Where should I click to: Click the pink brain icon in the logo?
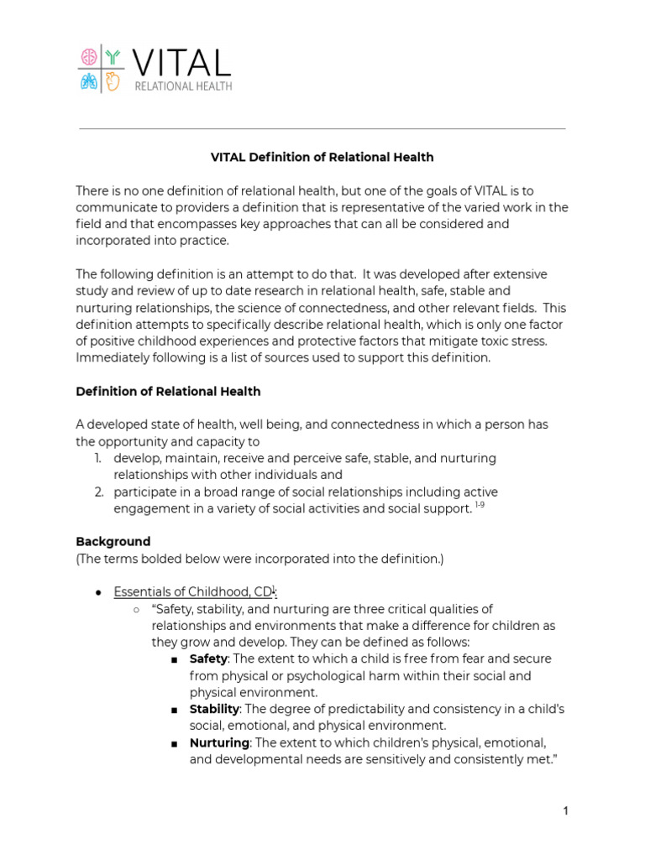click(88, 57)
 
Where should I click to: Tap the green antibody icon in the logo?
click(113, 57)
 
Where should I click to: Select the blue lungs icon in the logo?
click(88, 81)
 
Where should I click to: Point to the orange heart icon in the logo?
click(113, 81)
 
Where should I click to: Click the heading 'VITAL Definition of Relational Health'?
click(322, 157)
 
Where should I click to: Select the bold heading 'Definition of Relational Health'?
click(168, 391)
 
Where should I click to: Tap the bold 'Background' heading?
click(113, 541)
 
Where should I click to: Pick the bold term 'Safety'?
click(208, 659)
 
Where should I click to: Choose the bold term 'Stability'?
click(214, 709)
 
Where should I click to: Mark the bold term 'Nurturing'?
click(219, 742)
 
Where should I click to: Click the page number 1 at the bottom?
click(566, 810)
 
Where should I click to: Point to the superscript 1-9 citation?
click(480, 506)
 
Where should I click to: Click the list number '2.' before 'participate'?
click(98, 492)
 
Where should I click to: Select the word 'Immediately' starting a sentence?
click(113, 357)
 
